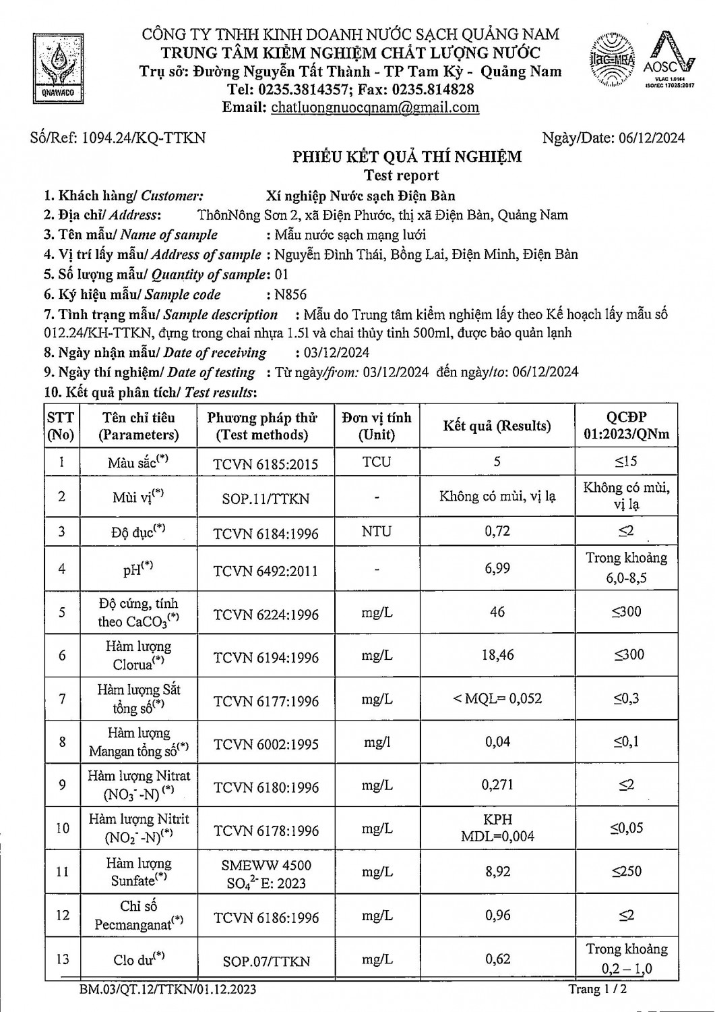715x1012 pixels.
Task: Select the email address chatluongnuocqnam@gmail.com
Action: [375, 107]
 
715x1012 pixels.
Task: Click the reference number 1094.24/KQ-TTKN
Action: [144, 138]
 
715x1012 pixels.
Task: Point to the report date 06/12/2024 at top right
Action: [650, 138]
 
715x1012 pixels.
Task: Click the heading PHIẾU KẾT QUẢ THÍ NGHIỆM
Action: [406, 157]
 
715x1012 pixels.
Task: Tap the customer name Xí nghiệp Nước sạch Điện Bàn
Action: [361, 196]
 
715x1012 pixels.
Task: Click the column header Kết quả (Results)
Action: [497, 426]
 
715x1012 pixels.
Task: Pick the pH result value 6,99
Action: [497, 568]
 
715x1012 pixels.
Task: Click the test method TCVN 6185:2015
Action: [266, 463]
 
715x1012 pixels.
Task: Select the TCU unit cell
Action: [376, 462]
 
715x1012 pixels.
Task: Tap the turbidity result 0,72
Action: [497, 531]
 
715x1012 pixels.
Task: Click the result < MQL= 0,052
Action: [497, 698]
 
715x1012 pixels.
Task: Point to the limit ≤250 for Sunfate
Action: [627, 871]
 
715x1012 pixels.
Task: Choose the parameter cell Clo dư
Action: [139, 959]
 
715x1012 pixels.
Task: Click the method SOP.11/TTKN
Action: [266, 499]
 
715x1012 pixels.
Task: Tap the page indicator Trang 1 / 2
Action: [598, 989]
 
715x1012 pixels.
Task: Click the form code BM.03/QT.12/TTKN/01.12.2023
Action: [167, 990]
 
